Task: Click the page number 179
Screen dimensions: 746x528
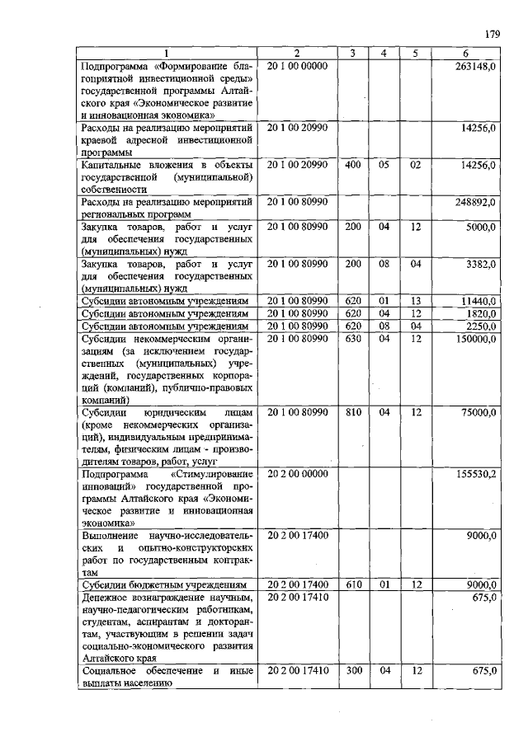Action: click(x=493, y=34)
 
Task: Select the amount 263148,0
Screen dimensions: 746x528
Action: click(x=475, y=66)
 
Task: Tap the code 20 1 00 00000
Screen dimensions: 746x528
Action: click(x=297, y=66)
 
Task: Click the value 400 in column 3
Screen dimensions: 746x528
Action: click(x=353, y=165)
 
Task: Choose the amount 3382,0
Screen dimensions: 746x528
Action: click(x=479, y=264)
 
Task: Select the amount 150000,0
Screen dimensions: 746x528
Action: click(x=475, y=338)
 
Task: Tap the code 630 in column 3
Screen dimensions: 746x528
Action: click(x=353, y=338)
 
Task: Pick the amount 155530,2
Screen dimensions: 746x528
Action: click(x=475, y=475)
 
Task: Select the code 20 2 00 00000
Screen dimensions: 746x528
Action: click(x=297, y=475)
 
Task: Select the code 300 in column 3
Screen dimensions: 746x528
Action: click(x=353, y=672)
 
